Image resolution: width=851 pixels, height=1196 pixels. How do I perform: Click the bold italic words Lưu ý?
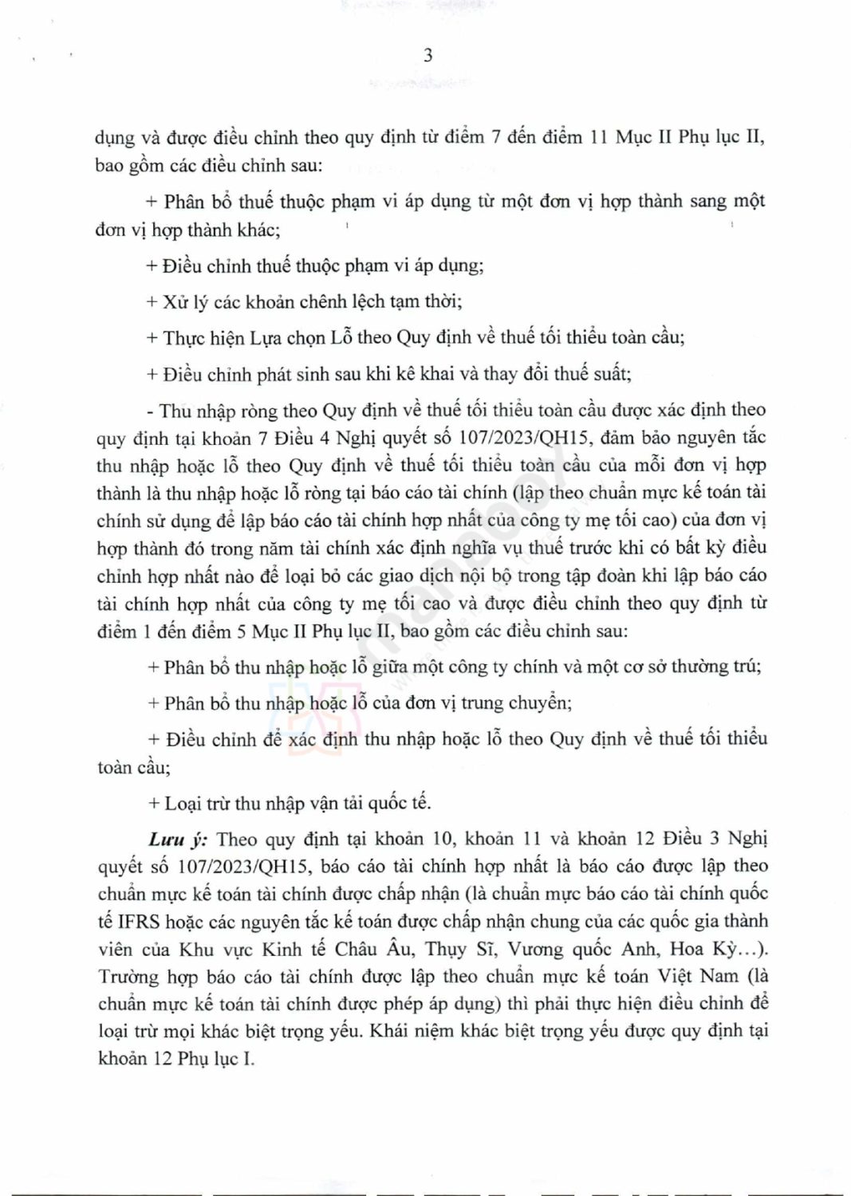pyautogui.click(x=179, y=839)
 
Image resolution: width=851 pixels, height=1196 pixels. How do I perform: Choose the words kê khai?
pyautogui.click(x=416, y=373)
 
